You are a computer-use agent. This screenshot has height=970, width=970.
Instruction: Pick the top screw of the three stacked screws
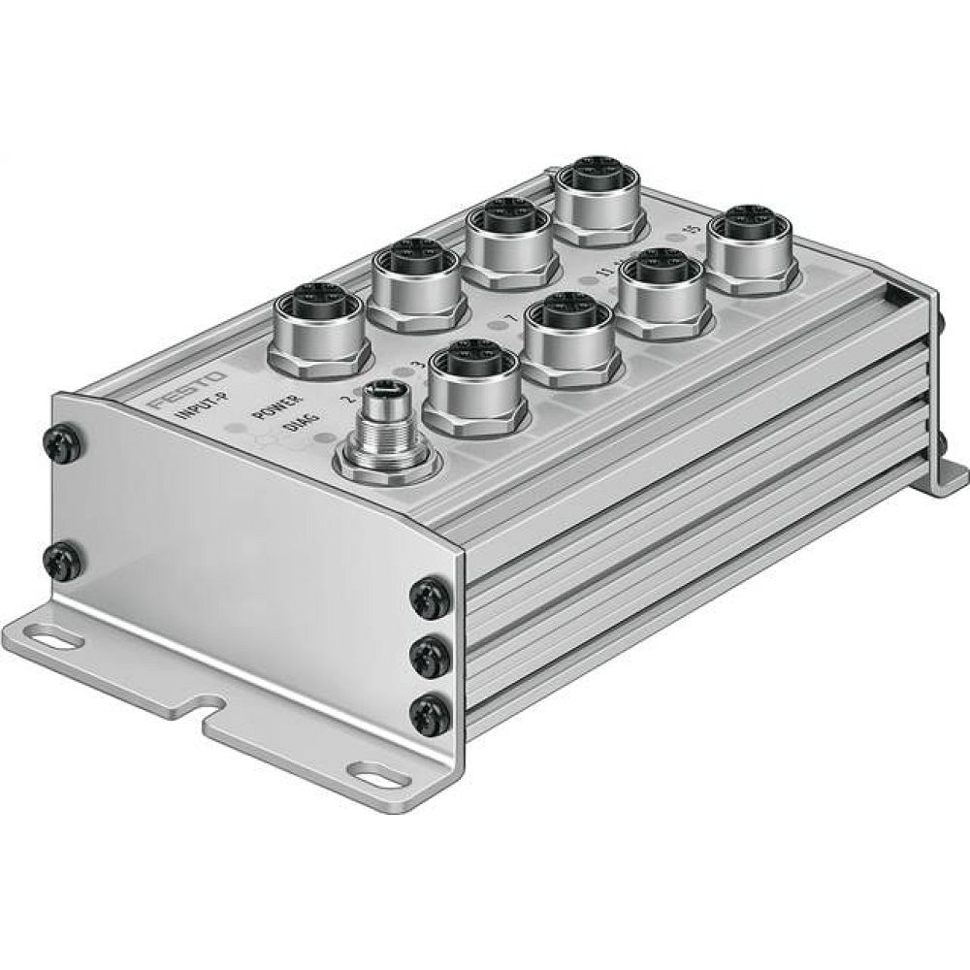pyautogui.click(x=431, y=598)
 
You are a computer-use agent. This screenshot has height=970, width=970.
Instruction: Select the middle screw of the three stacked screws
pyautogui.click(x=430, y=660)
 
